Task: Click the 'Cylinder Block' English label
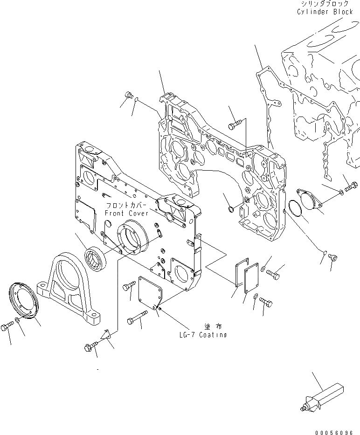[325, 12]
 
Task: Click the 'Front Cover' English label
[126, 213]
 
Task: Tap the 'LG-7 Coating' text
[203, 335]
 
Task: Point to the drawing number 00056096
[334, 427]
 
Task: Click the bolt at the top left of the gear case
[128, 97]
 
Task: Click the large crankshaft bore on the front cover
[133, 237]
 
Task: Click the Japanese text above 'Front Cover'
[126, 206]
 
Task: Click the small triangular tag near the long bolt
[107, 334]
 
